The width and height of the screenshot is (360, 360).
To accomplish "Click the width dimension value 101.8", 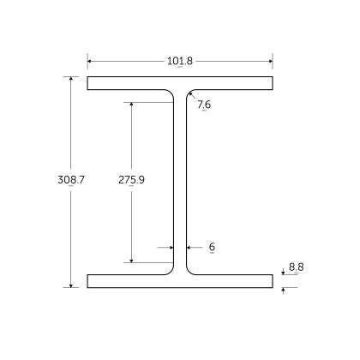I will (x=180, y=61).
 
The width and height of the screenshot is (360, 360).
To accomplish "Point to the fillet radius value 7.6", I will (x=203, y=105).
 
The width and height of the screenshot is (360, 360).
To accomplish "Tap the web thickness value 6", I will (x=211, y=247).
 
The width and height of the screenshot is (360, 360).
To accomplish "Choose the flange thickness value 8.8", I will (x=296, y=267).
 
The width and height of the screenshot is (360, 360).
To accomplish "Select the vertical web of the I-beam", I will (x=180, y=182).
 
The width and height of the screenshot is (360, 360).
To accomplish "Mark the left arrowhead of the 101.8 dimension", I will (x=90, y=61).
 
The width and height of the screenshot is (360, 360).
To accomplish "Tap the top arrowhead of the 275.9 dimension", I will (x=131, y=105).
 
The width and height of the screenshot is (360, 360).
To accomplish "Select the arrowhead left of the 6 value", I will (x=189, y=247).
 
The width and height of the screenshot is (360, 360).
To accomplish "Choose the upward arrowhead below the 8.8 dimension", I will (x=283, y=291).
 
